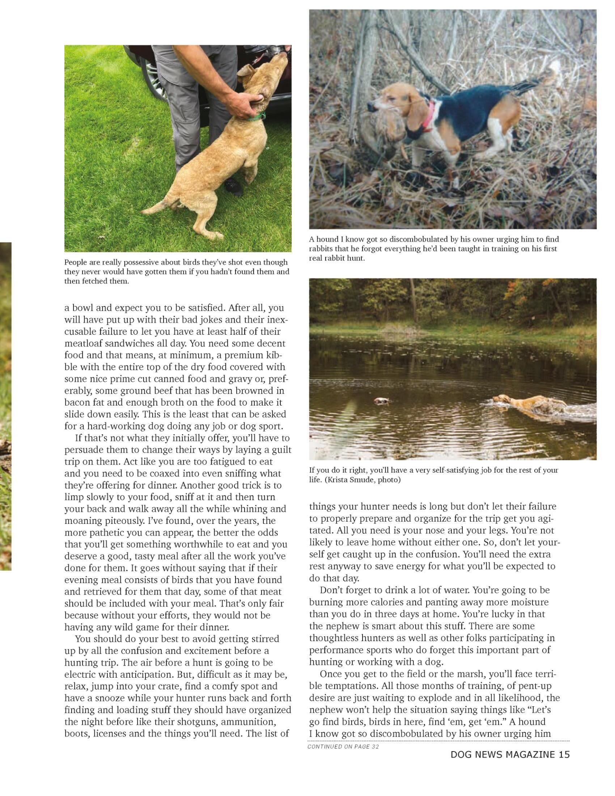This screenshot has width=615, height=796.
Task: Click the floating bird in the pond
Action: pos(381,401)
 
